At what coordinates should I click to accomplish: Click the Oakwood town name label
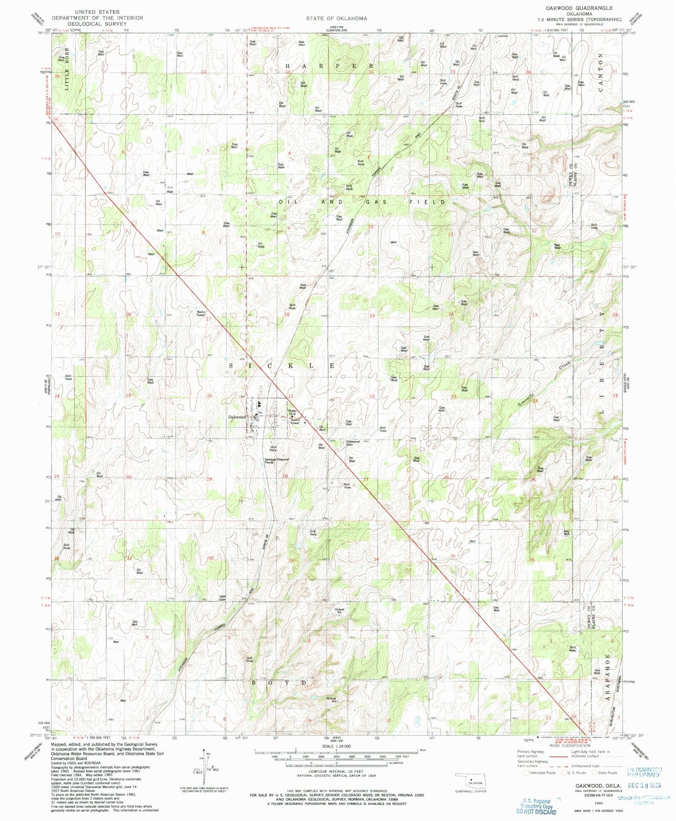pyautogui.click(x=237, y=417)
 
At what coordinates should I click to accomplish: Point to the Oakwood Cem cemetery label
pyautogui.click(x=353, y=443)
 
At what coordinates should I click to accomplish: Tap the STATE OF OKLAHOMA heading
pyautogui.click(x=337, y=18)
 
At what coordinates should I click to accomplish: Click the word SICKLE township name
pyautogui.click(x=282, y=365)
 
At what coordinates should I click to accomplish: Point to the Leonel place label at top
pyautogui.click(x=502, y=36)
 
